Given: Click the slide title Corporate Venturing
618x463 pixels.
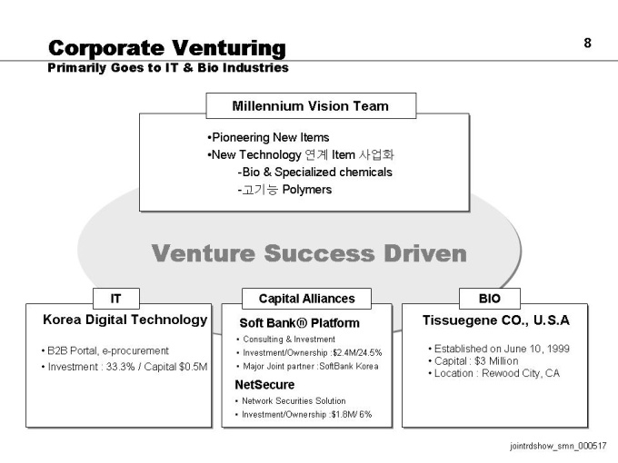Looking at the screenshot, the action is tap(167, 48).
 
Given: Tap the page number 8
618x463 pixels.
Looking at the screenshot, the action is tap(587, 43).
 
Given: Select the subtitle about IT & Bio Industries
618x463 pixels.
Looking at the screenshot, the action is tap(168, 68).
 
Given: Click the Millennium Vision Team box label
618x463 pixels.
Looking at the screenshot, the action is tap(310, 106).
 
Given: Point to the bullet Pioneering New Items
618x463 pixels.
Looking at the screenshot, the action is tap(268, 137).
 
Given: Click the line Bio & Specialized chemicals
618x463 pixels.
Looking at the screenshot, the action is tap(315, 172).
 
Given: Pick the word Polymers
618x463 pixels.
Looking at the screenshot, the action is tap(307, 190).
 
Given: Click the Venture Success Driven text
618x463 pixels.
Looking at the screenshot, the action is tap(309, 253).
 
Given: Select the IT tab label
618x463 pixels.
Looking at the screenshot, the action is tap(115, 299).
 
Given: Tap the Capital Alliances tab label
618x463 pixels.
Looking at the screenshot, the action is tap(306, 299).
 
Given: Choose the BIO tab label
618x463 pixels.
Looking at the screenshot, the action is tap(490, 299).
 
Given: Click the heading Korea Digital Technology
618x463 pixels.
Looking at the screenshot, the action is tap(125, 320).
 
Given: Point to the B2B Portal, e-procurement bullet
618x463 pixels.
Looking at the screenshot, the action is tap(105, 350).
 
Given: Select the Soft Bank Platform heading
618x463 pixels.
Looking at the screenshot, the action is tap(300, 323).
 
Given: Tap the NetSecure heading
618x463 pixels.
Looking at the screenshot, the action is tap(264, 385).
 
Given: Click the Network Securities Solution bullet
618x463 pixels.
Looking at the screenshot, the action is tap(291, 400).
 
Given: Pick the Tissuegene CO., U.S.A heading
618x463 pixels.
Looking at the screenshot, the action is tap(496, 320).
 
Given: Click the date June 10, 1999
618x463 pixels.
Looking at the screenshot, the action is tap(536, 349).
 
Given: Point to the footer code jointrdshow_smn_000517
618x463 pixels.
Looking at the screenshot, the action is tap(558, 446).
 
